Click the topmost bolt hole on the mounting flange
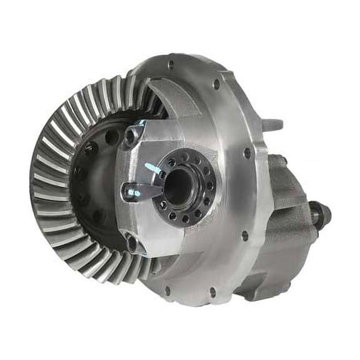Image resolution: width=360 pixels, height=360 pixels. click(x=170, y=64)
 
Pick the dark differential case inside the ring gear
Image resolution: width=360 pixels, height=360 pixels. click(x=94, y=181)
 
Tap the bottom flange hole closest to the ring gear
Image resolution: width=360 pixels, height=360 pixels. click(x=167, y=289)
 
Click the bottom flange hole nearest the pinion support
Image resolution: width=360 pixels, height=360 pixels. click(x=212, y=291)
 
